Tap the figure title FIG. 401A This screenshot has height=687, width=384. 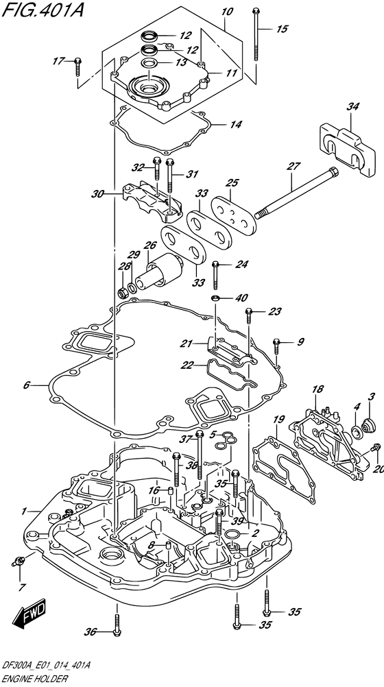tap(43, 9)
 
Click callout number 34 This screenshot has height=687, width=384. tap(352, 106)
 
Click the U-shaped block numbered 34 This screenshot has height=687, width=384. tap(346, 147)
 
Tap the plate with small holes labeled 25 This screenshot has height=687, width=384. tap(233, 213)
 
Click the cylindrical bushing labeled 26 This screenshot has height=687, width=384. tap(160, 272)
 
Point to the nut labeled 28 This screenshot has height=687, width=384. tap(123, 291)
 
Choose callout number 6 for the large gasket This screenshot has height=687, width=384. tap(26, 385)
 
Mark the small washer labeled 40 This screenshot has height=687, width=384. tap(216, 298)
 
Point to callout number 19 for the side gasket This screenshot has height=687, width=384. tap(276, 419)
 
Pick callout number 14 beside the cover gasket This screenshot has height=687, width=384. tap(235, 125)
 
